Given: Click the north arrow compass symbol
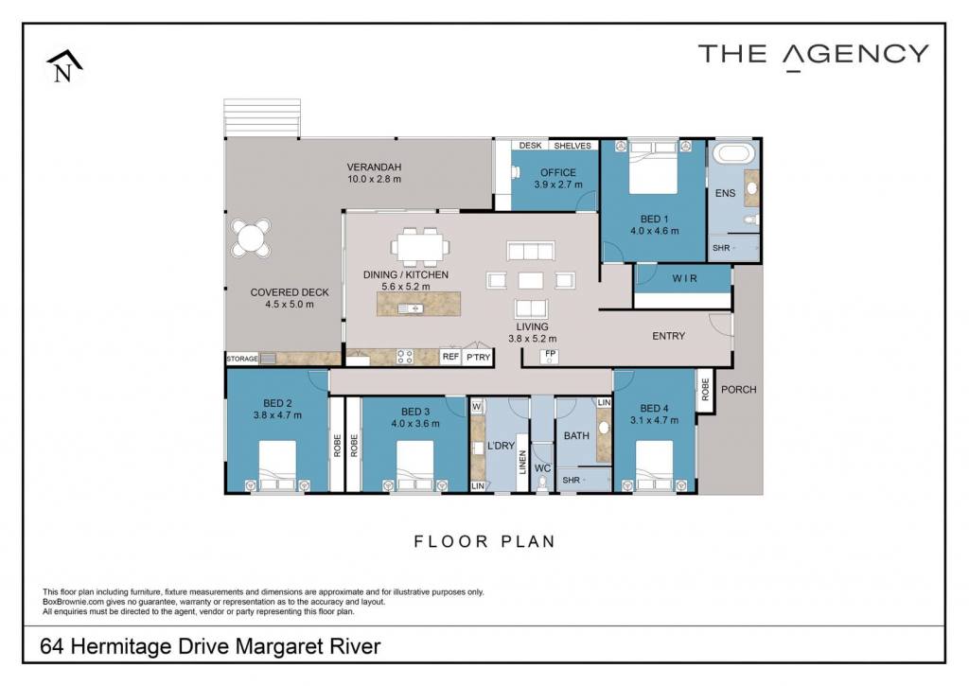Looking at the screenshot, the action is (63, 66).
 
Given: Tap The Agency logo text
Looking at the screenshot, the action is (813, 56).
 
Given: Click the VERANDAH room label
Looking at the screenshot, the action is (374, 167).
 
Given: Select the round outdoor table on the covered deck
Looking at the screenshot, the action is (250, 237).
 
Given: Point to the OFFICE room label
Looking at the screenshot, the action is (558, 172).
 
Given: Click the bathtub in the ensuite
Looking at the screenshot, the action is (732, 152).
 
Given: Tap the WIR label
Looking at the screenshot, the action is (685, 279).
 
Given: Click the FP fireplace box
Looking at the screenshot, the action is (550, 356).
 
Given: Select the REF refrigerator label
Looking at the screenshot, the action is (450, 357).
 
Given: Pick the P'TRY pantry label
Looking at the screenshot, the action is (478, 358).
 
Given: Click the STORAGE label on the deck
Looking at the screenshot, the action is (241, 359).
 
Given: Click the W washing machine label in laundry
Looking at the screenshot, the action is (477, 407).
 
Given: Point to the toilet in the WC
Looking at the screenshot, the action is (542, 482).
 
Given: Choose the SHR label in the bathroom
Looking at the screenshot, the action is (571, 481).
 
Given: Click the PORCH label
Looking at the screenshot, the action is (738, 389).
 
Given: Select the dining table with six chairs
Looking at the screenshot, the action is (419, 247).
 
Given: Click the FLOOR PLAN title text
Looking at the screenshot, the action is (484, 542).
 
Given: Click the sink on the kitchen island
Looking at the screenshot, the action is (411, 308).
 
